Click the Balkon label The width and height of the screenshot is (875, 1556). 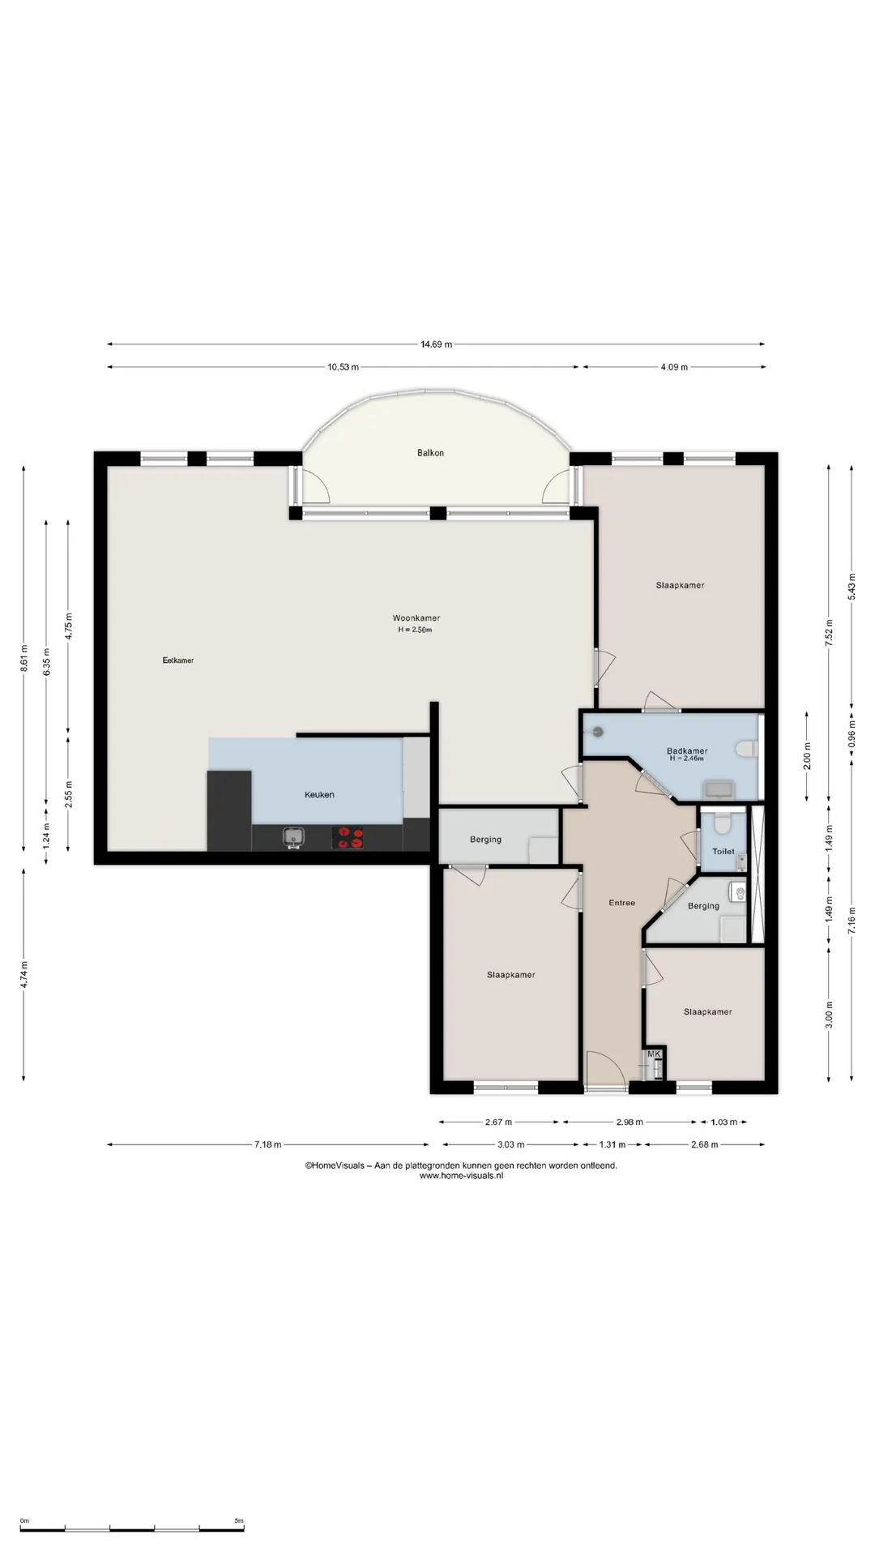pyautogui.click(x=430, y=453)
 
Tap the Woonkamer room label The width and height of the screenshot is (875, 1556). pyautogui.click(x=416, y=618)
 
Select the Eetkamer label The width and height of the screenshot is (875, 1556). pyautogui.click(x=178, y=660)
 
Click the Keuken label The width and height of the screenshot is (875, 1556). pyautogui.click(x=319, y=795)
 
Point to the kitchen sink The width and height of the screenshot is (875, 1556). pyautogui.click(x=293, y=836)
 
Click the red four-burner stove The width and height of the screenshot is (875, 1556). pyautogui.click(x=348, y=837)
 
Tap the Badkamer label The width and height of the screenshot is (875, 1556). pyautogui.click(x=687, y=751)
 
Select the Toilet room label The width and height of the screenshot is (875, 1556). pyautogui.click(x=723, y=852)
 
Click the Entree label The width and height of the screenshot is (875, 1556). pyautogui.click(x=622, y=903)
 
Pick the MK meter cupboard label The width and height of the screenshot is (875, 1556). pyautogui.click(x=654, y=1054)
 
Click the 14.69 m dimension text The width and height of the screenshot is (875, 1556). pyautogui.click(x=436, y=344)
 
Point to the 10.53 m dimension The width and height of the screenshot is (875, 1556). pyautogui.click(x=343, y=367)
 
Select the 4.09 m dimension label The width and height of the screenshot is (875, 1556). pyautogui.click(x=674, y=367)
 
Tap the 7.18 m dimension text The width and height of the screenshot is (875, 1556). pyautogui.click(x=267, y=1145)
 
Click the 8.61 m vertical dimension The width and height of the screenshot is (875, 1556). pyautogui.click(x=24, y=659)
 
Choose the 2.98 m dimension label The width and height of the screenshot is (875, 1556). pyautogui.click(x=630, y=1122)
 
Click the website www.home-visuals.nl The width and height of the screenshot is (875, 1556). pyautogui.click(x=461, y=1176)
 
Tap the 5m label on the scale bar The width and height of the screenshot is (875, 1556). pyautogui.click(x=239, y=1521)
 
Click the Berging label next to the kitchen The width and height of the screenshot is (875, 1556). pyautogui.click(x=485, y=840)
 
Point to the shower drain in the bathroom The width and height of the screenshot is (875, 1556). pyautogui.click(x=599, y=732)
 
